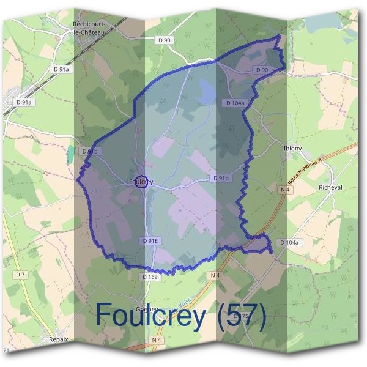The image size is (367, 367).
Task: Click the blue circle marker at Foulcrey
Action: pos(141,182)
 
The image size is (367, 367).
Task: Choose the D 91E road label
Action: pos(150,241)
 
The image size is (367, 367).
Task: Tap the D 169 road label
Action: pos(150,276)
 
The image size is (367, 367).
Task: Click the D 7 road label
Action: pos(21,275)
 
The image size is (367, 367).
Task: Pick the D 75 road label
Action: pos(243,316)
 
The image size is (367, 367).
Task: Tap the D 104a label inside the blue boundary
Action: pos(235,103)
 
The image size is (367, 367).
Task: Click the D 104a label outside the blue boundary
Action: pos(291,243)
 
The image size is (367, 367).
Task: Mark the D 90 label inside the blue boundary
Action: pos(261,70)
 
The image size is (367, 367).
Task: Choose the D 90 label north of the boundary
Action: pos(164,40)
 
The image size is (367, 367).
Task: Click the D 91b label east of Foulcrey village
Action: pos(221,178)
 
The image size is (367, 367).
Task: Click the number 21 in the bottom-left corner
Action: pos(7,350)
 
